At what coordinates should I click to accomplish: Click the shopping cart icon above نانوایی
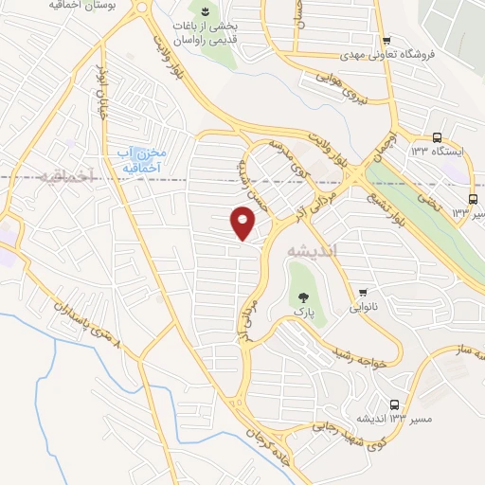pyautogui.click(x=363, y=292)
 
